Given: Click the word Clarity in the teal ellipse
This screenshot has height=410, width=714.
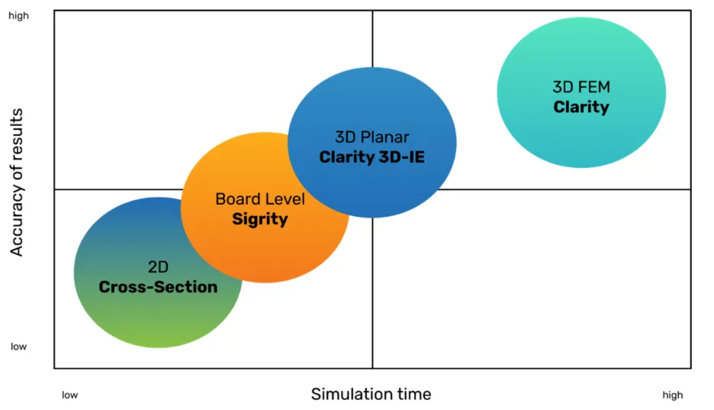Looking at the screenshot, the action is tap(581, 107).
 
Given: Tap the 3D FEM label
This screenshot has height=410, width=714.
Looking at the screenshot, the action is tap(581, 87).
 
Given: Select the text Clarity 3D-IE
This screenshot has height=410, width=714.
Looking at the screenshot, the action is tap(371, 157).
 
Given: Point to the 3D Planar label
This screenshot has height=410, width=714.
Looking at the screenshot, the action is tap(371, 137).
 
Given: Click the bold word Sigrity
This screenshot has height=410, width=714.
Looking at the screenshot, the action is tap(260, 219).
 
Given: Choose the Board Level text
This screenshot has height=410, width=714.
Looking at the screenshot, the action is tap(260, 199).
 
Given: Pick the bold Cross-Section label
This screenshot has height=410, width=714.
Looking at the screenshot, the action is tap(158, 287).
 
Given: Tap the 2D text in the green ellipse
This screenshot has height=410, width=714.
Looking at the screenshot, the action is tap(158, 267).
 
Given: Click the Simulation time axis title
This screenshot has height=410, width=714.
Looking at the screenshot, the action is tap(371, 394).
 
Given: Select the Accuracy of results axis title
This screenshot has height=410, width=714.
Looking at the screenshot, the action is tap(17, 182).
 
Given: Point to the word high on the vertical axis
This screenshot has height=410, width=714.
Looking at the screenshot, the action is tap(18, 15).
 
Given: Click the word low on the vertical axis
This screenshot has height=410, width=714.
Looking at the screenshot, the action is tap(18, 347).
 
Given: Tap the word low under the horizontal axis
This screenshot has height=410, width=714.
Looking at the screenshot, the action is tap(69, 395).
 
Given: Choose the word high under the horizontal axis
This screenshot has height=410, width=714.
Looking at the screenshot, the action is tap(672, 395).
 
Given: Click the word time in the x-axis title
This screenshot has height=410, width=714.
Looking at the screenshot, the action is tap(413, 394).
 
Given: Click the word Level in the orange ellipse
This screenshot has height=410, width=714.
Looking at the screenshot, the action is tap(284, 199).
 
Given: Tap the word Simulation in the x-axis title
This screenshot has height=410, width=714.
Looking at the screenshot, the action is tap(351, 394).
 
